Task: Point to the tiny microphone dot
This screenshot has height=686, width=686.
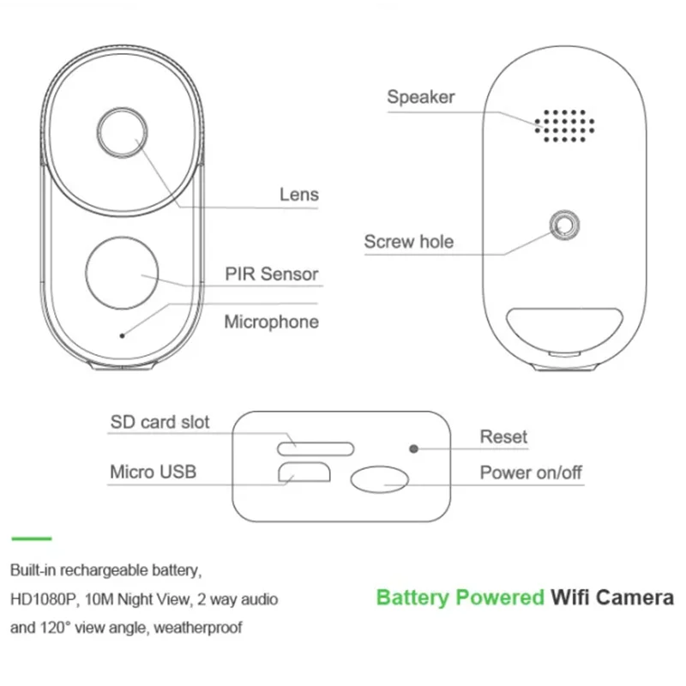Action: [x=122, y=335]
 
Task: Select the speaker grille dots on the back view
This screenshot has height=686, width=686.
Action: [x=564, y=126]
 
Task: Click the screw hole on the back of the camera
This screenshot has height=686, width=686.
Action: [x=564, y=226]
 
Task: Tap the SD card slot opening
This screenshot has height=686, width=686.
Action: [x=316, y=448]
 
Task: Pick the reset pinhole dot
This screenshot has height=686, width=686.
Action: [x=413, y=448]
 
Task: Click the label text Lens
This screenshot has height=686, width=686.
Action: [x=299, y=195]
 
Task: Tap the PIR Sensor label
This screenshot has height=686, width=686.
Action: [x=272, y=274]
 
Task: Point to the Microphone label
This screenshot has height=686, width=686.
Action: [x=272, y=322]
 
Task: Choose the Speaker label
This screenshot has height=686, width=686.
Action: [x=421, y=97]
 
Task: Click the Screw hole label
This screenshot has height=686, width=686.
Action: [x=409, y=242]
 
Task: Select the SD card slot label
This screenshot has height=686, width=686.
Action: [x=159, y=422]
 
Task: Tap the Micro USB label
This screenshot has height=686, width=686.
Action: [x=153, y=472]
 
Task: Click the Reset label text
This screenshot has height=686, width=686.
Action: [x=503, y=436]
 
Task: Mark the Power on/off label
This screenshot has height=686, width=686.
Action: [x=531, y=472]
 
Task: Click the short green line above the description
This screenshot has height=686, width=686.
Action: [x=32, y=539]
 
